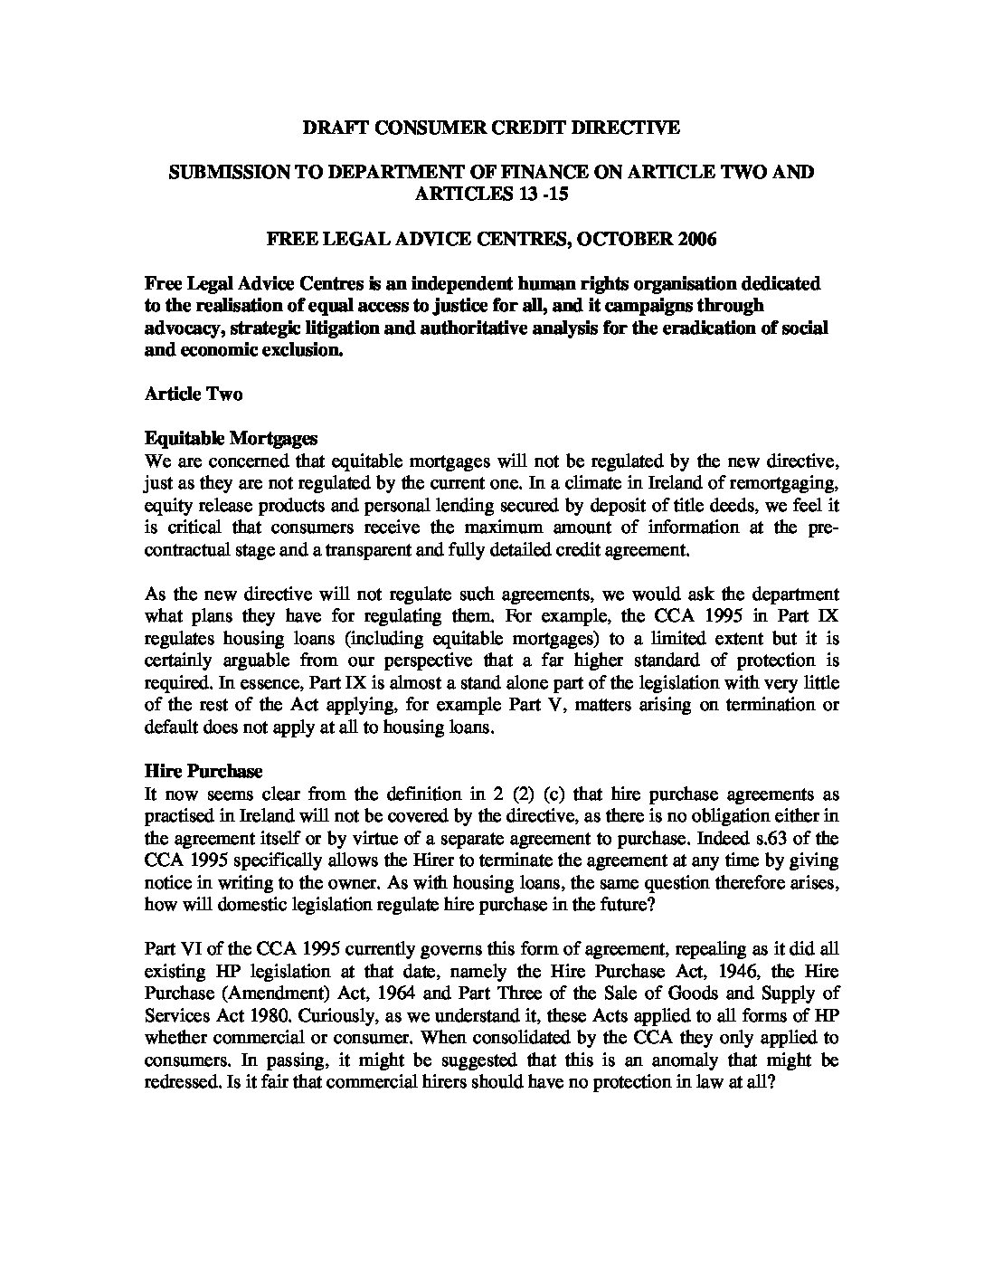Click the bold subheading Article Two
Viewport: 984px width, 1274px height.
click(194, 395)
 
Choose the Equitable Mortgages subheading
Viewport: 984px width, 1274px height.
click(231, 439)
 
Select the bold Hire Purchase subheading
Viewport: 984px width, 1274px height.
click(203, 772)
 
